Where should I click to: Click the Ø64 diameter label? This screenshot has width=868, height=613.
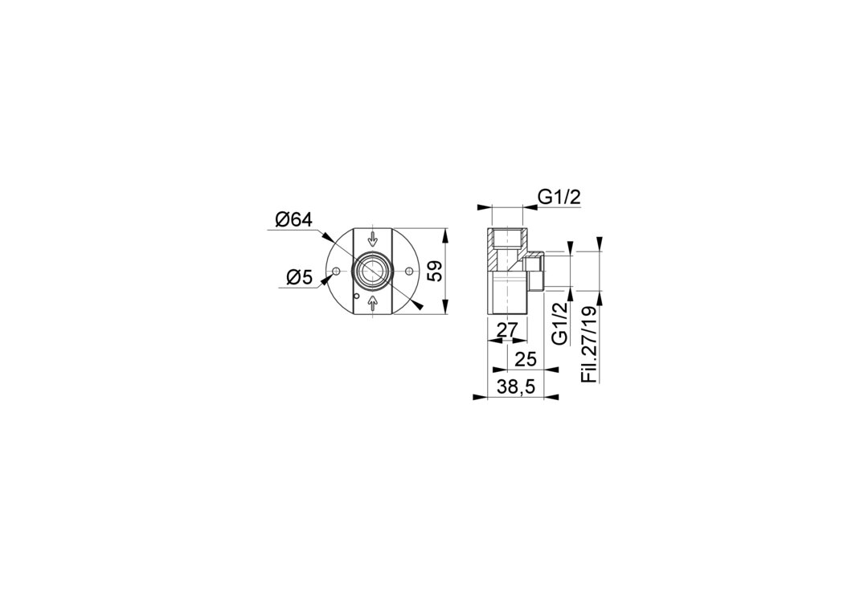[294, 220]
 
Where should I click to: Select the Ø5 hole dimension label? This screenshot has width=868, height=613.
[300, 278]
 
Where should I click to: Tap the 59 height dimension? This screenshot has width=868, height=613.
[436, 271]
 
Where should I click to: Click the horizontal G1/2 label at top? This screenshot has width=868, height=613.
[559, 198]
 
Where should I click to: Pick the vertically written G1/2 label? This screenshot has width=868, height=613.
[561, 325]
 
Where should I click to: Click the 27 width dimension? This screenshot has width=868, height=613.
[506, 330]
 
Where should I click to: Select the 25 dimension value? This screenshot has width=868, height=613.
[526, 360]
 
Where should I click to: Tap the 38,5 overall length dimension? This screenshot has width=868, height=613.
[515, 387]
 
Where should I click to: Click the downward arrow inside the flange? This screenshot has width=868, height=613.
[373, 239]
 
